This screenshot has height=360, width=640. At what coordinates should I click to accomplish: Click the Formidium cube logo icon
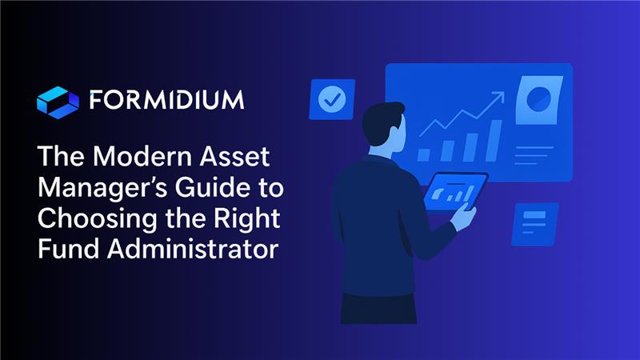(x=58, y=102)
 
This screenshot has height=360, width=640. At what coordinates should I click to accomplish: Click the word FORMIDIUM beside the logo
(x=166, y=102)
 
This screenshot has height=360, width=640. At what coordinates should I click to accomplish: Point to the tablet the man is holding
(x=455, y=192)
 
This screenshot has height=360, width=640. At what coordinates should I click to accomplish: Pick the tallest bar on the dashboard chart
(x=494, y=140)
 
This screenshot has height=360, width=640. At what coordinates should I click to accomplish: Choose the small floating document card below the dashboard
(x=534, y=223)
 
